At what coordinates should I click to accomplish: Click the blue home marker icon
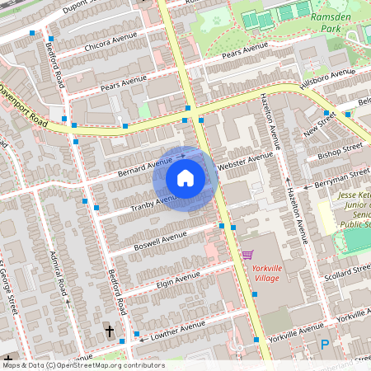(185, 177)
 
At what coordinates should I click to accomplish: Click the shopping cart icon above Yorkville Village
(247, 256)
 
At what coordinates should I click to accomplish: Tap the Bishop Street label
(340, 150)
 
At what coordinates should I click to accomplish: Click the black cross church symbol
(109, 331)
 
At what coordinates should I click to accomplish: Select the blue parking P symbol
(324, 345)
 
